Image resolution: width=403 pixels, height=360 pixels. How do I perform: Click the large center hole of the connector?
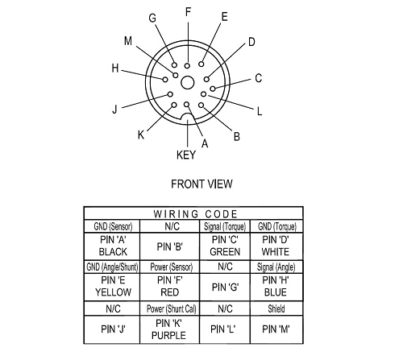coord(187,82)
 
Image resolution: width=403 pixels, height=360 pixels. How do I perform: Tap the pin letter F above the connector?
coord(188,12)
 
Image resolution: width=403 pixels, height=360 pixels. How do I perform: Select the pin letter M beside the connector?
coord(128,41)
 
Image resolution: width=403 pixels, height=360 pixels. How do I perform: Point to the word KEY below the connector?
coord(186,155)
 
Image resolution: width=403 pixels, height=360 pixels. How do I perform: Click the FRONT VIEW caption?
coord(201,184)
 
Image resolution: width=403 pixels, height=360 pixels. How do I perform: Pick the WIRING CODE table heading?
coord(195,214)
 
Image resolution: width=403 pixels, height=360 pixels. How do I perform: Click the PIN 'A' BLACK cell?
coord(113,246)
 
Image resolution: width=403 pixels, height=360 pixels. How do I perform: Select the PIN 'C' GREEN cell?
coord(225,246)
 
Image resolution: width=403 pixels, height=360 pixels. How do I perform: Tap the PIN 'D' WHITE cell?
coord(276,246)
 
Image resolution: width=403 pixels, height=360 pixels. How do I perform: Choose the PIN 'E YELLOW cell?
coord(113,287)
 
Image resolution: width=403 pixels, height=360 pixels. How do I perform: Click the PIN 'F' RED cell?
coord(170,287)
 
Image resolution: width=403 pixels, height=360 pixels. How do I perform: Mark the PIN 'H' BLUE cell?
coord(276,287)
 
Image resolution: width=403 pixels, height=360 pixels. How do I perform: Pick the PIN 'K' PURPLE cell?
coord(168,329)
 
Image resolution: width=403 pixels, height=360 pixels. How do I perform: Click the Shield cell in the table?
coord(276,308)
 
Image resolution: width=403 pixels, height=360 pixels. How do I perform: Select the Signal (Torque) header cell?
coord(225,226)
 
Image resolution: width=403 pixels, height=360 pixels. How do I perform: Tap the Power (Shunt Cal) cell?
coord(171,308)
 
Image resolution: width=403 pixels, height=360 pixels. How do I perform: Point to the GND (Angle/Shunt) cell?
coord(112,267)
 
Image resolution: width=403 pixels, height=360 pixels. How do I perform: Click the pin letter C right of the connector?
coord(258,78)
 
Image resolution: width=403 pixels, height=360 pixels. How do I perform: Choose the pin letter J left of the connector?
coord(114,110)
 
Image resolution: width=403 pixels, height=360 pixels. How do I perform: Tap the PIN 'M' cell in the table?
coord(276,329)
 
